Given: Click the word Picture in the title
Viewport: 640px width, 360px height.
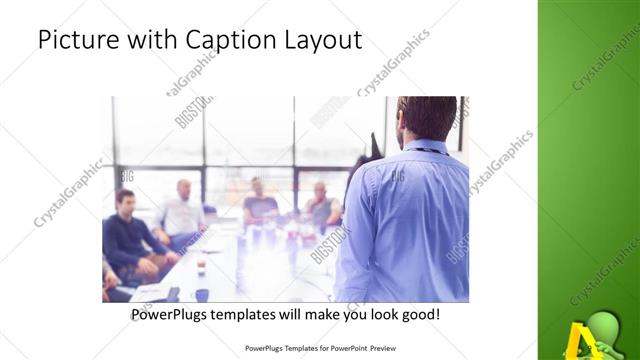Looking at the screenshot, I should [76, 40].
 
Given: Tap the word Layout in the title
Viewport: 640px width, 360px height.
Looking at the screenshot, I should [325, 40].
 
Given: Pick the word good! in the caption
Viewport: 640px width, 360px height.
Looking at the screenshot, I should [419, 315].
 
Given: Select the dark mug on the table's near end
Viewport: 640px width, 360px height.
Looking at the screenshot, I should [202, 294].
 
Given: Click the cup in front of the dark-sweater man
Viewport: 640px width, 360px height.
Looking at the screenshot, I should [200, 266].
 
